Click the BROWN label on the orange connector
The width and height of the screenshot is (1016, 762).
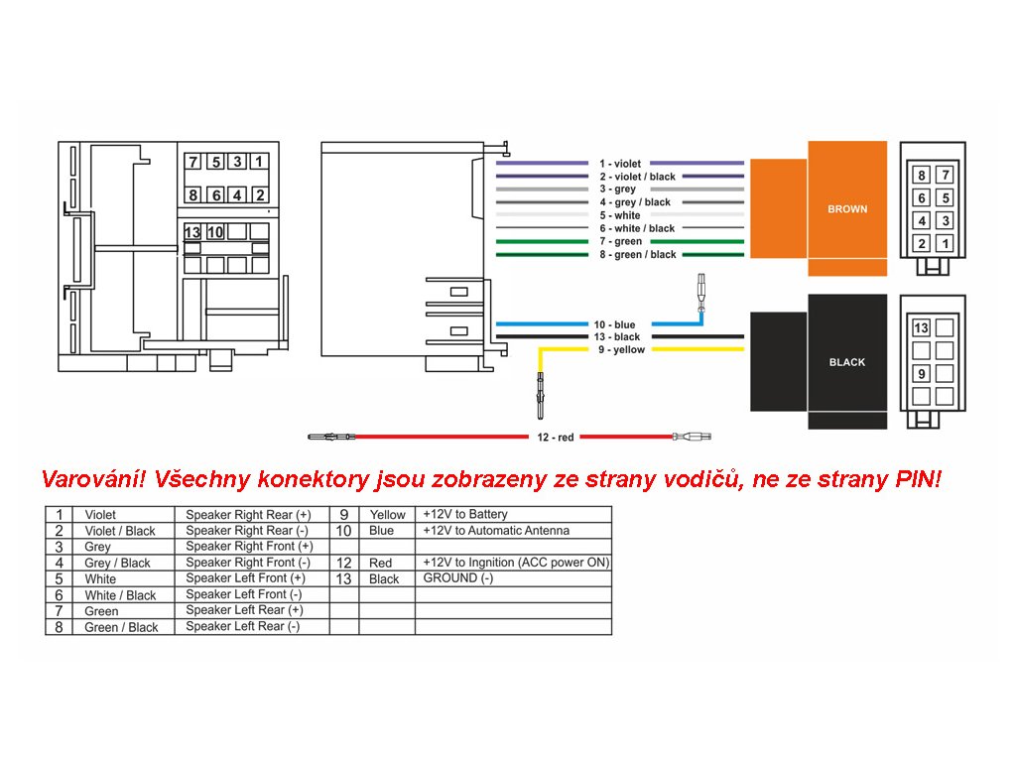tap(847, 209)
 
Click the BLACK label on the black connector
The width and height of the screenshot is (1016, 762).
tap(847, 362)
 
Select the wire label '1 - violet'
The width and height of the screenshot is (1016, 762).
tap(620, 164)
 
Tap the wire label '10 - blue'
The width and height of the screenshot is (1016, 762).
tap(615, 325)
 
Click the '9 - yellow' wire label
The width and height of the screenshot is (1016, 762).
tap(620, 350)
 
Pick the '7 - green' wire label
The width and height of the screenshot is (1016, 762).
tap(620, 242)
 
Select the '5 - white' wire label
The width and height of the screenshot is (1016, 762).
tap(620, 215)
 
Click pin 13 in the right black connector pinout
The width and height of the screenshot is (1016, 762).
tap(922, 328)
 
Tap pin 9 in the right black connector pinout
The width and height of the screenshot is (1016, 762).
tap(922, 374)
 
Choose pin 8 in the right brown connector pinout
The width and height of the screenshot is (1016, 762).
tap(922, 176)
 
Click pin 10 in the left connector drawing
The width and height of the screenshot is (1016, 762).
tap(215, 232)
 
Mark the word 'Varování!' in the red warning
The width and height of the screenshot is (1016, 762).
tap(94, 480)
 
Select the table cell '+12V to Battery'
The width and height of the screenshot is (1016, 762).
tap(465, 514)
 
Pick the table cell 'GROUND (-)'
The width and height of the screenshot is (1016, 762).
tap(457, 577)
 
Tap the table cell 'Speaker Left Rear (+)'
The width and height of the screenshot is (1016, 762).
tap(244, 610)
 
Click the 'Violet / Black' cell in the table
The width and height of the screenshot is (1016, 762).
tap(120, 531)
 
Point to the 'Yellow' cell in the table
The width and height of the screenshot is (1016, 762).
tap(387, 515)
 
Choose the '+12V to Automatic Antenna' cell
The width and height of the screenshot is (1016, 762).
tap(496, 530)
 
